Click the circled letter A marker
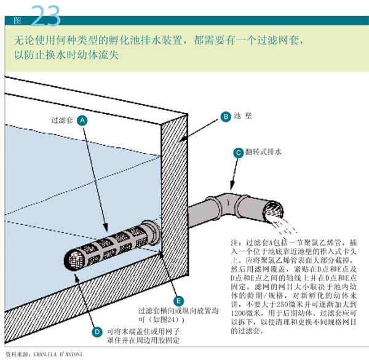(x=82, y=121)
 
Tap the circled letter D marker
(x=97, y=331)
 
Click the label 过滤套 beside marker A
(x=62, y=121)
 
